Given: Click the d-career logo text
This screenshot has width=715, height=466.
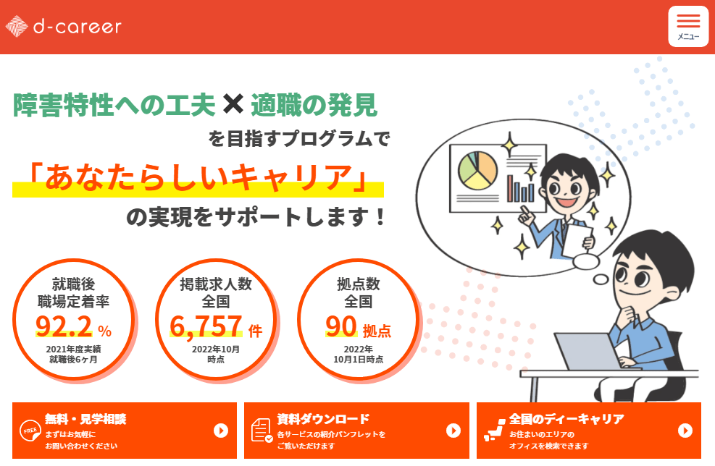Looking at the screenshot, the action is [x=78, y=27].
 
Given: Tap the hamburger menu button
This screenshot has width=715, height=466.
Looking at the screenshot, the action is [x=688, y=27].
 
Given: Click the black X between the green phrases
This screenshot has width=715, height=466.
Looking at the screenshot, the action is [x=233, y=104].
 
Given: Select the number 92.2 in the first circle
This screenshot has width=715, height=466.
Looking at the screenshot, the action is [x=64, y=326].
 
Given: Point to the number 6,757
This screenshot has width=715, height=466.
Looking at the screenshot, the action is [x=206, y=326].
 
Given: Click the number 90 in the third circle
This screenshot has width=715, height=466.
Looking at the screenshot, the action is [x=340, y=326].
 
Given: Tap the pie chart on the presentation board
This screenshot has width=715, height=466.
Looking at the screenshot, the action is [x=477, y=170].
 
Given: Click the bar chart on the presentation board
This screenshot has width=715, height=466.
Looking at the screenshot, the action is [x=520, y=189].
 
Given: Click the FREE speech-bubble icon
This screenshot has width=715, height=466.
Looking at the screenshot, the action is [x=30, y=431].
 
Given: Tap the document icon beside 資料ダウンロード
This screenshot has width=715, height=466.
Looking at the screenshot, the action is [x=262, y=431].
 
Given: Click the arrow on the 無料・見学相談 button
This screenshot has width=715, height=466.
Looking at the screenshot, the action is [x=221, y=431].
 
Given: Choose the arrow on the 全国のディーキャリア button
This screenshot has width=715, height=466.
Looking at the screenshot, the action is [x=685, y=431].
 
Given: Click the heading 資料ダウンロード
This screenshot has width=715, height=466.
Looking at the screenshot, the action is [x=323, y=419].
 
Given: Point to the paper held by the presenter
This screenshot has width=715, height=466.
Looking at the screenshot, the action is [x=577, y=240].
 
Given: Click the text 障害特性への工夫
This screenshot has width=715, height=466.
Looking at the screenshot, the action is [x=114, y=105].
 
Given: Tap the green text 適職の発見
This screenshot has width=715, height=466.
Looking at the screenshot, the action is [x=314, y=105].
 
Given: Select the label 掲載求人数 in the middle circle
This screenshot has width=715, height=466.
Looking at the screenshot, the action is [x=216, y=284].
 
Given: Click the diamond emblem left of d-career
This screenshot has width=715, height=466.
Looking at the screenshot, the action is [x=17, y=27].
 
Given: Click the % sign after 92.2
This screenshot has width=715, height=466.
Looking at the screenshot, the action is [x=105, y=331].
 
